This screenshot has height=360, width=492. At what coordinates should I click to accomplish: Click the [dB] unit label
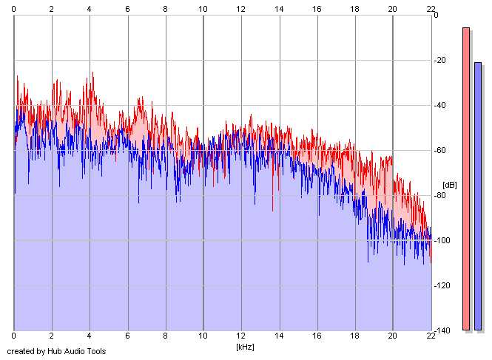pos(450,184)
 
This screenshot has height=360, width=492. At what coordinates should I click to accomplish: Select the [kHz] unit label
pos(245,346)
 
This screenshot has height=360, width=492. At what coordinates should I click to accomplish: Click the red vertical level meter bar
pos(466,177)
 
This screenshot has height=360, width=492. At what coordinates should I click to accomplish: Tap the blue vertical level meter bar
pos(478,196)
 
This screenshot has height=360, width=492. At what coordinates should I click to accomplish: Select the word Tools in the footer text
pos(98,351)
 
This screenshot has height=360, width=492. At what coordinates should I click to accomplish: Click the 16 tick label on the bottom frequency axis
pos(317,337)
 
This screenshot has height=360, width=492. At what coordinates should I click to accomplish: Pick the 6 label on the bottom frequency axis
pos(127,337)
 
